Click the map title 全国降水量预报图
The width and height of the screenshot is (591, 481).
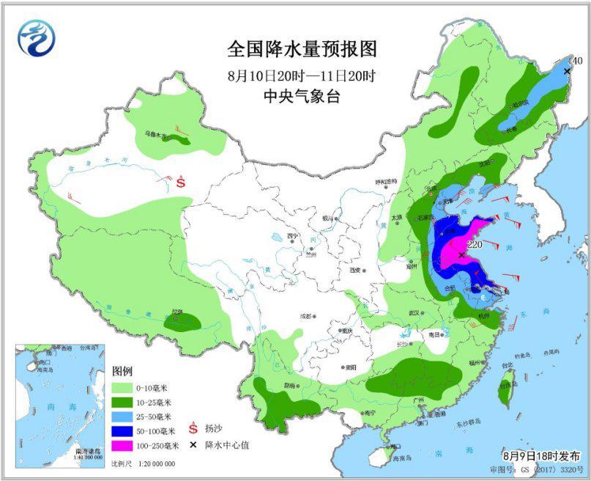click(302, 50)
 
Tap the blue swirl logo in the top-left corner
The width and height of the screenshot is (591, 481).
click(37, 37)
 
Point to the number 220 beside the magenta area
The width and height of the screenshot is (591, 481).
click(474, 244)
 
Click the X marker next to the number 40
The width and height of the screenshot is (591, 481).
click(568, 71)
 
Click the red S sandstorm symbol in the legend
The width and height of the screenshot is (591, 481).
click(194, 426)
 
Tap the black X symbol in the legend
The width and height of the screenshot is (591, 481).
click(194, 445)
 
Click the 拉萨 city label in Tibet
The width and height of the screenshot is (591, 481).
click(176, 312)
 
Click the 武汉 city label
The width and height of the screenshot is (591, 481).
click(415, 313)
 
